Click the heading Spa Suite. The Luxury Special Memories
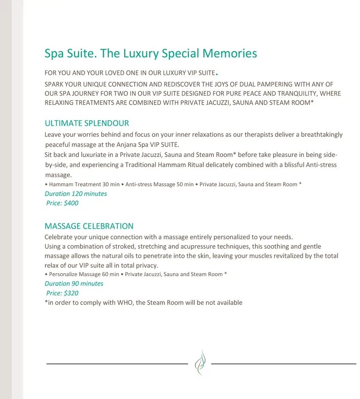click(150, 54)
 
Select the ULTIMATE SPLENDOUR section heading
click(87, 123)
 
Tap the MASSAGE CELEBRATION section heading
click(89, 226)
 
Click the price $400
click(71, 203)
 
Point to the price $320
click(71, 293)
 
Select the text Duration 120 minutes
click(76, 194)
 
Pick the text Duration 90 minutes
click(74, 284)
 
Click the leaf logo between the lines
click(199, 363)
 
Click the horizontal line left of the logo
click(116, 363)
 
